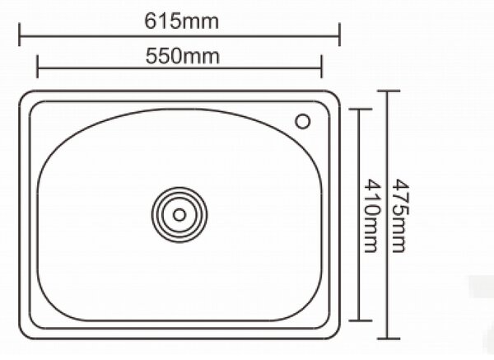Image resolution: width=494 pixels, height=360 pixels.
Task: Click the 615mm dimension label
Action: click(181, 21)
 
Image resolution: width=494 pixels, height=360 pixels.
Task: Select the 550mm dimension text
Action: click(183, 56)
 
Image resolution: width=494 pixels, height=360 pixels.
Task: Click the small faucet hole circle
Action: click(303, 121)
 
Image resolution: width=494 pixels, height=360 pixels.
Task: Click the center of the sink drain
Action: click(179, 215)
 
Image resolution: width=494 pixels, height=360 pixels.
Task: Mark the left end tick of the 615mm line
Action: click(20, 35)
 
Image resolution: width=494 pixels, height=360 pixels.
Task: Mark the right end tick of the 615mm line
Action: click(339, 35)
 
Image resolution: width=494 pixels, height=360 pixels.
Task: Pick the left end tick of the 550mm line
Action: click(38, 66)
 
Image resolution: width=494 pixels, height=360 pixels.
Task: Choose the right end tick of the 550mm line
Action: click(321, 66)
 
